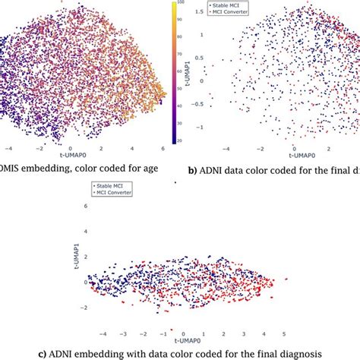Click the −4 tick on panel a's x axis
pos(8,150)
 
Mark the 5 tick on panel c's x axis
pos(284,333)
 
